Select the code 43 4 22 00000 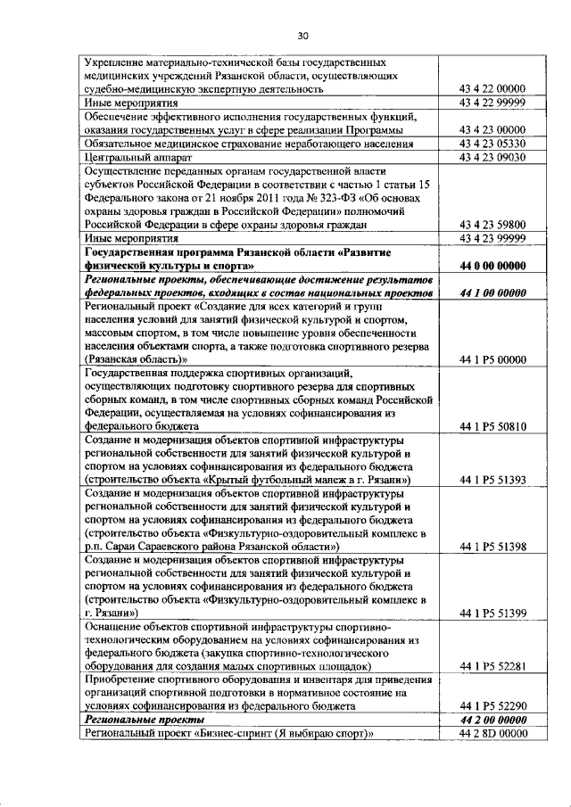pyautogui.click(x=492, y=88)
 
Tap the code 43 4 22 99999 pyautogui.click(x=492, y=102)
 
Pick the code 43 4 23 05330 pyautogui.click(x=492, y=144)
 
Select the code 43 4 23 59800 pyautogui.click(x=492, y=225)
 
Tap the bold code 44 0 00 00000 pyautogui.click(x=492, y=266)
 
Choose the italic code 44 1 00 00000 pyautogui.click(x=492, y=292)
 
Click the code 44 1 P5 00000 pyautogui.click(x=492, y=359)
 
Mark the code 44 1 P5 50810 pyautogui.click(x=492, y=427)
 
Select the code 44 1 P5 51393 pyautogui.click(x=492, y=481)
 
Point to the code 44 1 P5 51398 pyautogui.click(x=492, y=545)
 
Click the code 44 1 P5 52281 pyautogui.click(x=492, y=665)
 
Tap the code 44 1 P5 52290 pyautogui.click(x=492, y=705)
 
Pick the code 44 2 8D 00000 pyautogui.click(x=492, y=733)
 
